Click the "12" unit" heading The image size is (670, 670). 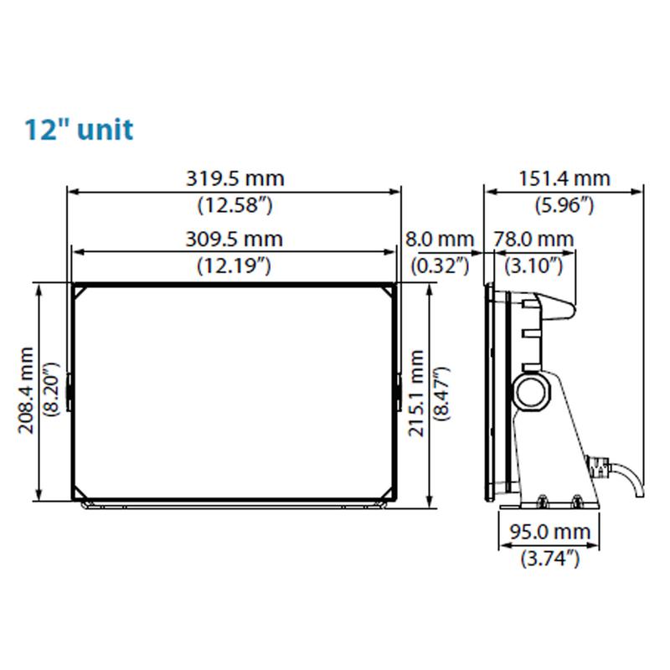click(x=79, y=130)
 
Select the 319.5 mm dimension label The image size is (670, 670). click(x=235, y=178)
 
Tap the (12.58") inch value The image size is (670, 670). click(x=234, y=205)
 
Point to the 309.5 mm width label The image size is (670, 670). click(x=234, y=240)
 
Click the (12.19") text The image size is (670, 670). click(x=234, y=266)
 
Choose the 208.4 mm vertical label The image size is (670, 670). click(x=26, y=390)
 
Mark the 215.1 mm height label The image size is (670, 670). click(x=416, y=393)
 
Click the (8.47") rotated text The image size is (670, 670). click(x=442, y=394)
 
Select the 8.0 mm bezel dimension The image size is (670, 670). click(x=440, y=240)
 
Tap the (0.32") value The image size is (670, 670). click(x=441, y=266)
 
